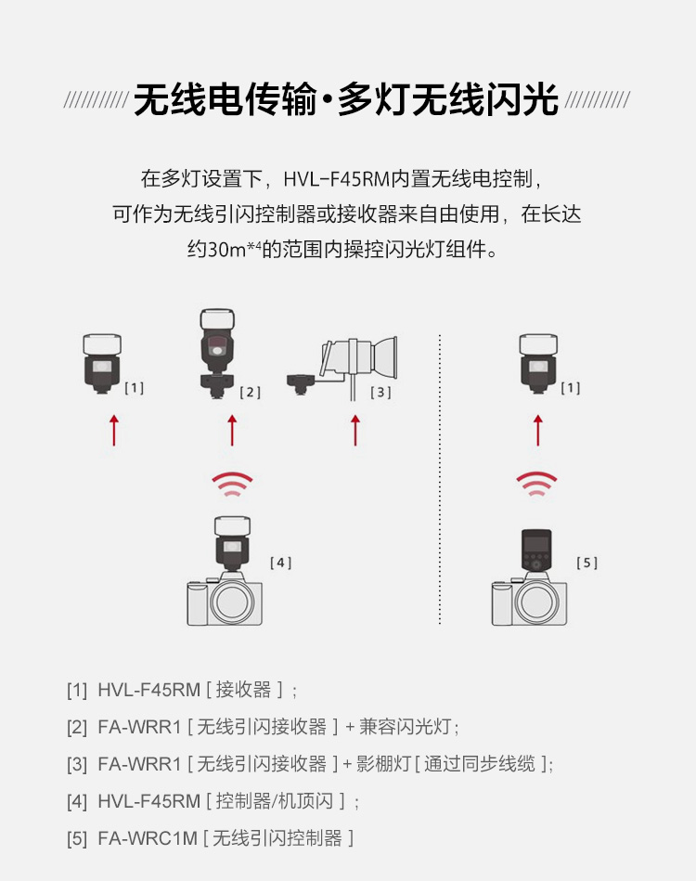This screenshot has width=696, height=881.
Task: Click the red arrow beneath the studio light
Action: [355, 431]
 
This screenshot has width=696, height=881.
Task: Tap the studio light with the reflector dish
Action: [358, 359]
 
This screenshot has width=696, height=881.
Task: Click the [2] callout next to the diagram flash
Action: [250, 392]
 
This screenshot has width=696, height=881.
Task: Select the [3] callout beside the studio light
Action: [380, 392]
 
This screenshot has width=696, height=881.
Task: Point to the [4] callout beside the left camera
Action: [280, 563]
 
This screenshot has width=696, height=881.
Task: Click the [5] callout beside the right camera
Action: [587, 563]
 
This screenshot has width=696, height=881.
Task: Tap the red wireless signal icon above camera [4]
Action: [232, 483]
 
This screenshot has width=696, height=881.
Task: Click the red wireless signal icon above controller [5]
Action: [536, 483]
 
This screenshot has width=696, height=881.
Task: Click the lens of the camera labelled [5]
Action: [535, 602]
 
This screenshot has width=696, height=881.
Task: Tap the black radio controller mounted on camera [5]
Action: [536, 551]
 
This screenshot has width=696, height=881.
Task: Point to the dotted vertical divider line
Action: [439, 479]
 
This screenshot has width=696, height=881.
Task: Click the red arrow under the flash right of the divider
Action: [537, 431]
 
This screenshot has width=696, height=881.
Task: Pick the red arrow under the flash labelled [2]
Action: [232, 431]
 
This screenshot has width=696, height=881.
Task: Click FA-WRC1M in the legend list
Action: [148, 838]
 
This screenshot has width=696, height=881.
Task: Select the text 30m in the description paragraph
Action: [227, 249]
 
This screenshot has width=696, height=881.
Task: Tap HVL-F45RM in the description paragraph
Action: [337, 179]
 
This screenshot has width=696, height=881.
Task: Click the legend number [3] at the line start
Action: [77, 765]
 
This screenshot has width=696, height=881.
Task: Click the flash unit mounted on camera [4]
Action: [232, 543]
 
